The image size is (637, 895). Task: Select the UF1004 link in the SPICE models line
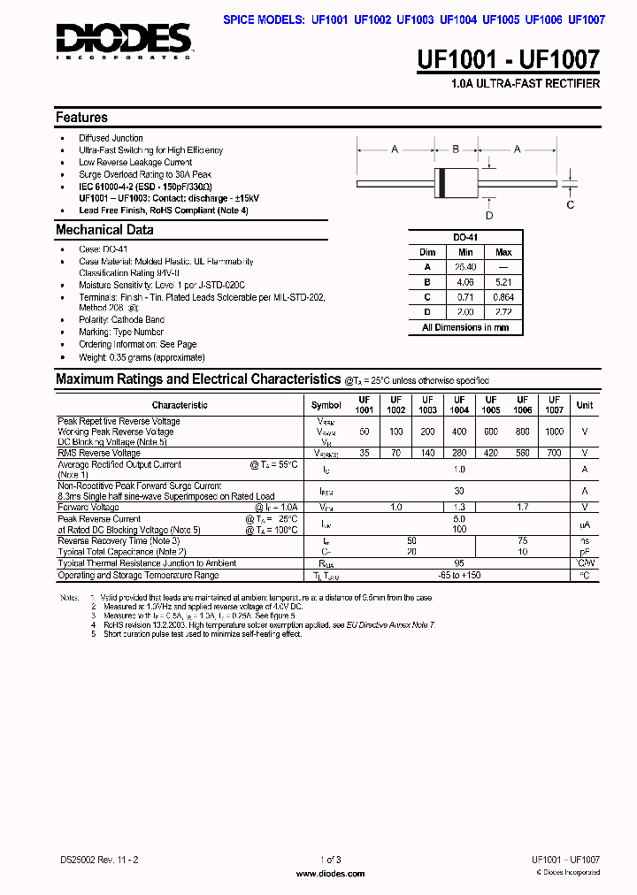point(459,19)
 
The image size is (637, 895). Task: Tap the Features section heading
point(81,118)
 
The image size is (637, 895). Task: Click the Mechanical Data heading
point(104,230)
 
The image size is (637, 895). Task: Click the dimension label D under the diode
point(488,216)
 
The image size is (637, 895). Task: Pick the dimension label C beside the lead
point(571,204)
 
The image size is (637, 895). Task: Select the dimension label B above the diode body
point(456,149)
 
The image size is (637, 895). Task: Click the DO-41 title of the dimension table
point(465,238)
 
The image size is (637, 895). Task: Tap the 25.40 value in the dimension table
point(465,267)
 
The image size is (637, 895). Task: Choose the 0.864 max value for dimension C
point(503,297)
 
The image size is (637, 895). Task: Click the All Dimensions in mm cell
point(465,327)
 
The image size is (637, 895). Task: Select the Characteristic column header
point(180,405)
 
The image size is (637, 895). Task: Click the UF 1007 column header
point(554,405)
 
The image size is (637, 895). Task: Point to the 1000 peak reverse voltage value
point(554,432)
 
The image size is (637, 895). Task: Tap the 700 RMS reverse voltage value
point(554,453)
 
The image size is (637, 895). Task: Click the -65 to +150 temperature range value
point(459,576)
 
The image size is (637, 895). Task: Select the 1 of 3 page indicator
point(330,860)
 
